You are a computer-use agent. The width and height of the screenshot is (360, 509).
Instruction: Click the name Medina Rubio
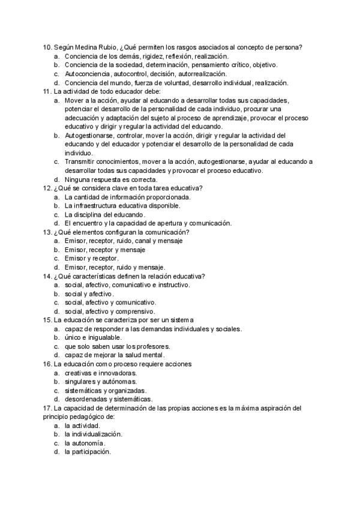tap(95, 47)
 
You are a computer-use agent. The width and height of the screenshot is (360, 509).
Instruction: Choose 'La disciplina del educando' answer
tap(105, 214)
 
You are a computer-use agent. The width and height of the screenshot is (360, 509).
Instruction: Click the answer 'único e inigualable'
tap(96, 337)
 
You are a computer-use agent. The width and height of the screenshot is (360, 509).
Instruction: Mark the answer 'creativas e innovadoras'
tap(101, 372)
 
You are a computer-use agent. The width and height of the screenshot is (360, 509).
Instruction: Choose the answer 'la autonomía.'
tap(89, 442)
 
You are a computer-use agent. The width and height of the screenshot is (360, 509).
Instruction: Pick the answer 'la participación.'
tap(93, 451)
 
